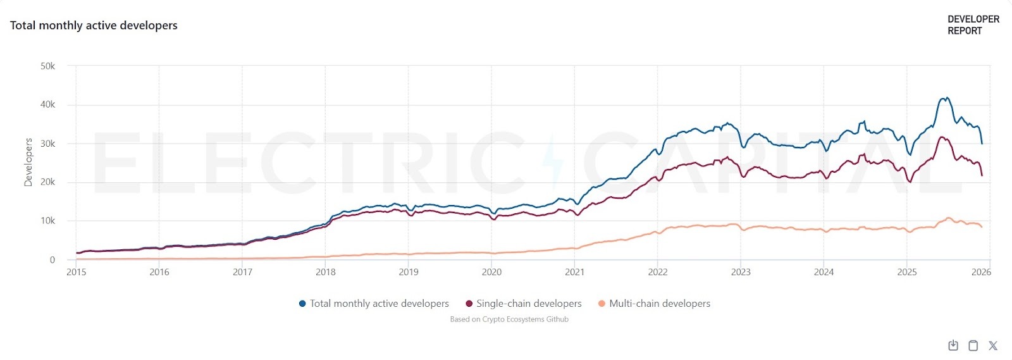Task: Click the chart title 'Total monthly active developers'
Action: [94, 25]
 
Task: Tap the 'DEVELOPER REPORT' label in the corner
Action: [973, 25]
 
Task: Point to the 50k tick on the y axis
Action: [48, 66]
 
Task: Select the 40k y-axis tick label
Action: [48, 104]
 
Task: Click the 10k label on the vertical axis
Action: [48, 221]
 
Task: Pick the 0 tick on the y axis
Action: [52, 259]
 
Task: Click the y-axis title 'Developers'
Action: [28, 162]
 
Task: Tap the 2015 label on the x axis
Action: [77, 272]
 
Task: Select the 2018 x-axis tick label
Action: [326, 272]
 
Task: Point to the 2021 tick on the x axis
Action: [574, 272]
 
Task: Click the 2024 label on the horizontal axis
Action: [824, 272]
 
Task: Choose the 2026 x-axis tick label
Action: [981, 272]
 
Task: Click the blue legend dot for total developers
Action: [302, 304]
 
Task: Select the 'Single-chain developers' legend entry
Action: [529, 304]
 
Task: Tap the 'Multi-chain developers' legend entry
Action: [660, 304]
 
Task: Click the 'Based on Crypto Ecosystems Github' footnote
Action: [509, 320]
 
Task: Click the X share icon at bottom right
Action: [993, 345]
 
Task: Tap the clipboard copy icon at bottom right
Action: [973, 345]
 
